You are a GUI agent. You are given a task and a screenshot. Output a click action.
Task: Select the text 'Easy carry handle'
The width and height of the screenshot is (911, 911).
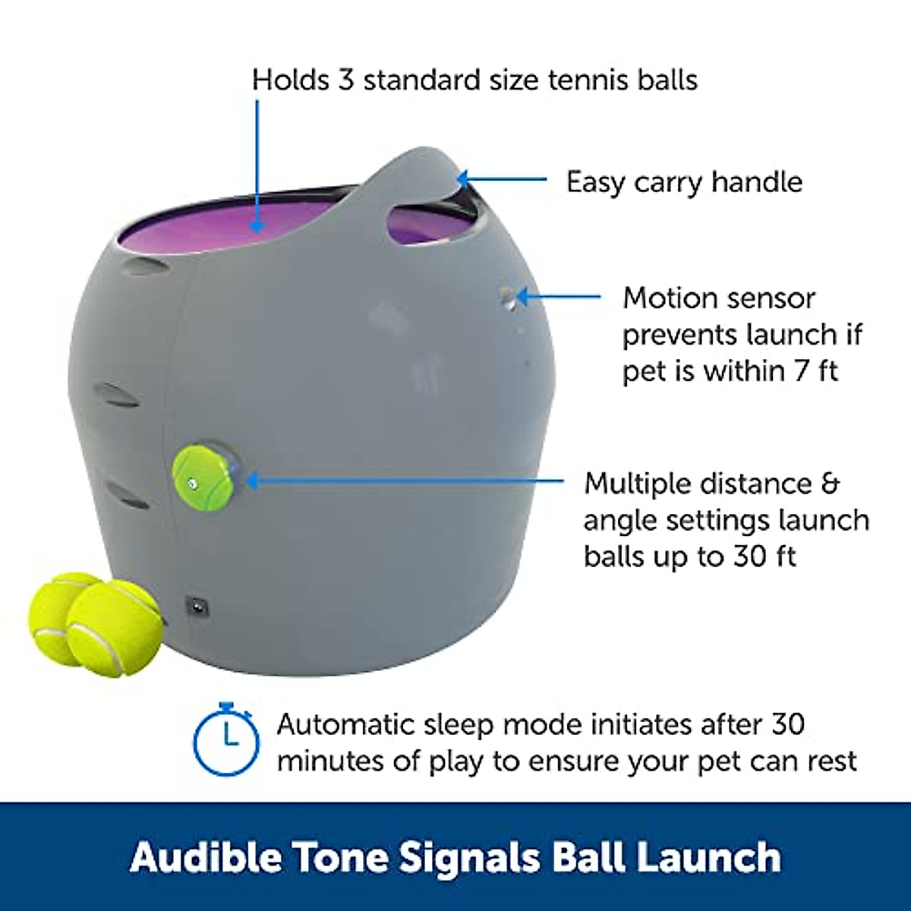point(684,182)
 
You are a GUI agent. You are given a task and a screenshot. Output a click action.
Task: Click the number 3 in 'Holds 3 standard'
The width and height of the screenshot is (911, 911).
point(346,79)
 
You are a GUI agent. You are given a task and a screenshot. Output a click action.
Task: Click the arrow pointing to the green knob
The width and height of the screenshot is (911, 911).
point(402,481)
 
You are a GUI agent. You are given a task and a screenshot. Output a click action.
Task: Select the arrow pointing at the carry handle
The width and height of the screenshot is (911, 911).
point(501,180)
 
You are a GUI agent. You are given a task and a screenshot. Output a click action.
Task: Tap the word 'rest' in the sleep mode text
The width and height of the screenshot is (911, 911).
point(830,760)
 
